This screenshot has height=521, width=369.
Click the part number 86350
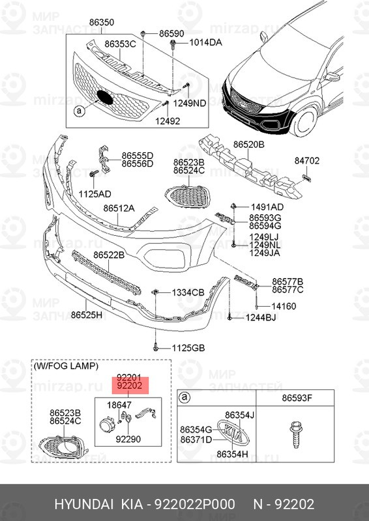point(102,22)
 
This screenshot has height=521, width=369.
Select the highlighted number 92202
point(129,386)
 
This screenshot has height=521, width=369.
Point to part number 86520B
point(250,143)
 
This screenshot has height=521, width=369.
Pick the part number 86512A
point(118,208)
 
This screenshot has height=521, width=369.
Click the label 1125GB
point(188,348)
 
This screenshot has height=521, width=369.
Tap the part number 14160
point(284,305)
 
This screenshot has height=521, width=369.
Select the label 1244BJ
point(261,318)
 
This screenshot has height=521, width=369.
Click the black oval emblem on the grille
point(104,97)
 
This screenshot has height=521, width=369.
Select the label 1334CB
point(188,292)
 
